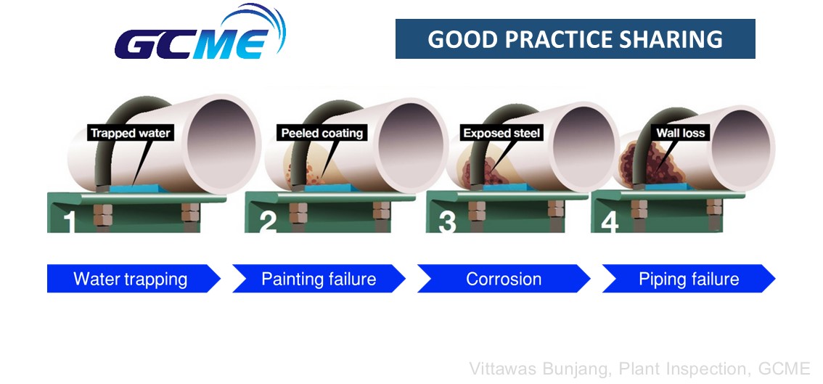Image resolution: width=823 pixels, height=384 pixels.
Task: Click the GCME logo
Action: click(200, 33)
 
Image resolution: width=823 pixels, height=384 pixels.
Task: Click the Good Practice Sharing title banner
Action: click(576, 39)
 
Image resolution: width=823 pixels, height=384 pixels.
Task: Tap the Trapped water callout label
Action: click(130, 133)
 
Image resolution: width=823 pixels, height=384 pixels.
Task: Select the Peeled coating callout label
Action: click(322, 133)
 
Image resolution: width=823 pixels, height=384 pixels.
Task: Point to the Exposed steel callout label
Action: click(501, 133)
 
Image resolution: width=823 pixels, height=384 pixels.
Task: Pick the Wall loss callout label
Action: click(680, 133)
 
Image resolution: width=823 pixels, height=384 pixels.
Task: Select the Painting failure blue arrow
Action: click(319, 279)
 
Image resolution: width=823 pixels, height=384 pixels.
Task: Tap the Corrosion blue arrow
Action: click(504, 279)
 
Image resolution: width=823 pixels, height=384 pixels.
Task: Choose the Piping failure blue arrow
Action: click(689, 279)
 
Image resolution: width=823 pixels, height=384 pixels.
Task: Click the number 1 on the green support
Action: click(69, 222)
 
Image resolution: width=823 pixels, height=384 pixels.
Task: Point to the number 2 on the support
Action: click(268, 222)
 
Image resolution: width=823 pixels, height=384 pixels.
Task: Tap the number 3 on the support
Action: click(447, 222)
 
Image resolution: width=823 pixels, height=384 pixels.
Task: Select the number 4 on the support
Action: click(610, 222)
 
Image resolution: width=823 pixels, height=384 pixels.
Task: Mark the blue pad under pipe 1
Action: click(136, 187)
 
